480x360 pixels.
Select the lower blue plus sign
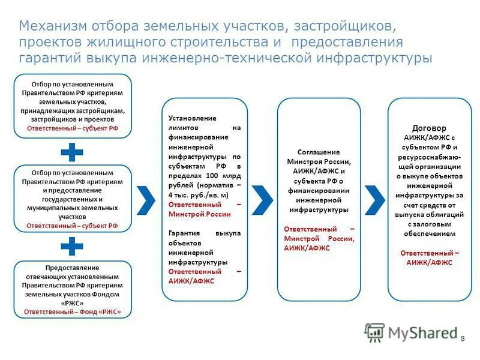[x=72, y=247]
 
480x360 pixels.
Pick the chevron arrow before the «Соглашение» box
[x=262, y=200]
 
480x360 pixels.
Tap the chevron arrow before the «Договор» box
[x=374, y=200]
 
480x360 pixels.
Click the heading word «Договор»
[x=429, y=128]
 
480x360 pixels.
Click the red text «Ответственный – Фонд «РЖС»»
[x=73, y=312]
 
